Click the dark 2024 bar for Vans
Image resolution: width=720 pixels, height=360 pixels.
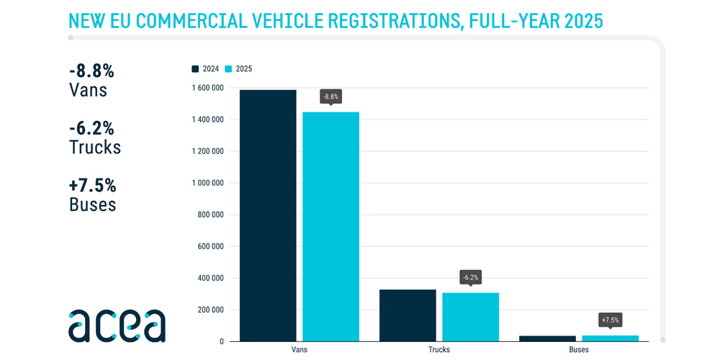(x=268, y=215)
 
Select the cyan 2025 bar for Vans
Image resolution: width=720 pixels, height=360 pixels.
(x=330, y=226)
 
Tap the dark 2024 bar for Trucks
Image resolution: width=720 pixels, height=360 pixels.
(x=408, y=315)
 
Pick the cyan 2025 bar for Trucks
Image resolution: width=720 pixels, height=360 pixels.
(x=470, y=317)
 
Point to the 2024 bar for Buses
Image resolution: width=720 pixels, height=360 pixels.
(x=547, y=338)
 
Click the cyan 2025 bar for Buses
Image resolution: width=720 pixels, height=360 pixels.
(x=610, y=338)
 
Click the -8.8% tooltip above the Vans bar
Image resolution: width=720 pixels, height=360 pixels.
(x=330, y=96)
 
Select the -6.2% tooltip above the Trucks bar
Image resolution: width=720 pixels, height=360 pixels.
(x=470, y=277)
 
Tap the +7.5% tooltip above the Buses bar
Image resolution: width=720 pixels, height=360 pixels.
(x=610, y=320)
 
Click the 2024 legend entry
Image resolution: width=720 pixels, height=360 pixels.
(x=205, y=69)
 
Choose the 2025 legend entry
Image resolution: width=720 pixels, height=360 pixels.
(x=238, y=69)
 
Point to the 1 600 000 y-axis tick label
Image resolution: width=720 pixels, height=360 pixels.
(x=207, y=88)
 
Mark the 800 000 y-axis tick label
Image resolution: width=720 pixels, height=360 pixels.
(x=211, y=215)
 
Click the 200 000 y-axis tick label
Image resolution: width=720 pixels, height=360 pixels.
(x=211, y=310)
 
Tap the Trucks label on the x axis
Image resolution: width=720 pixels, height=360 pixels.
(x=438, y=350)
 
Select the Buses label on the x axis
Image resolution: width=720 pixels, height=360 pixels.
(x=578, y=350)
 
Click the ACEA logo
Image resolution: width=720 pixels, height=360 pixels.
(x=117, y=325)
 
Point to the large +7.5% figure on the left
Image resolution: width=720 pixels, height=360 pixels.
(x=92, y=185)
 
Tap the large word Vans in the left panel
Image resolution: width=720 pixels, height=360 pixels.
(x=88, y=90)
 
